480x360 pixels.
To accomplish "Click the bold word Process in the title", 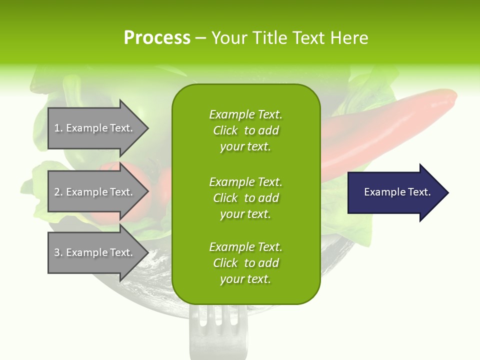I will (157, 38).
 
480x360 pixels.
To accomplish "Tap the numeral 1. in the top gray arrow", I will (58, 128).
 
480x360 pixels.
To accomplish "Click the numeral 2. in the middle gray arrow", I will (58, 192).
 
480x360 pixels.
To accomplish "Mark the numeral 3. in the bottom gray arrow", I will (58, 252).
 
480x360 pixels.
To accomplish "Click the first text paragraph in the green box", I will (245, 130).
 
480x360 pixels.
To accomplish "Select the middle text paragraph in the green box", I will (245, 197).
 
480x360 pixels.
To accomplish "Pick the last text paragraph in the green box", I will (245, 263).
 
